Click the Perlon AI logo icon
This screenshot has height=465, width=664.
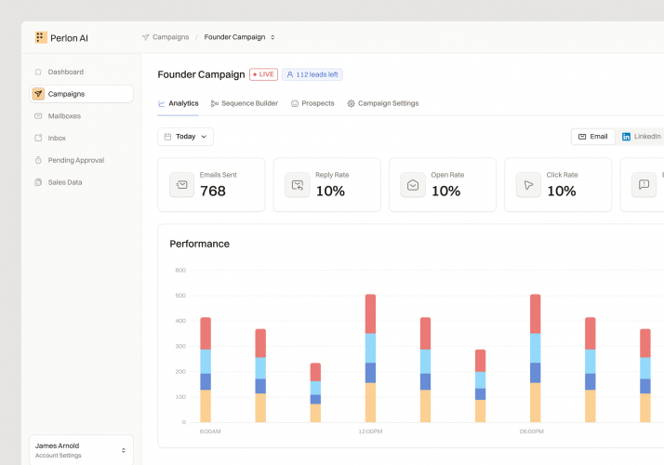tap(41, 37)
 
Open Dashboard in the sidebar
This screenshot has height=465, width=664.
tap(65, 72)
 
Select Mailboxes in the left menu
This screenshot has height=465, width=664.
tap(64, 116)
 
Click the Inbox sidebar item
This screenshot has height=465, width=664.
tap(57, 138)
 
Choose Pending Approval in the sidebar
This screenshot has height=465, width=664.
tap(75, 160)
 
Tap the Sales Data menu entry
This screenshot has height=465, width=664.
tap(64, 182)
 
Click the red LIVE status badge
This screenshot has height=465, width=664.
tap(263, 74)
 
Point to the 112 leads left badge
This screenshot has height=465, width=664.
tap(312, 74)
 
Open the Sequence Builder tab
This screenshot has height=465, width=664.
tap(245, 103)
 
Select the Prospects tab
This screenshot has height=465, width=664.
tap(312, 103)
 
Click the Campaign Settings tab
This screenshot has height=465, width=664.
tap(383, 103)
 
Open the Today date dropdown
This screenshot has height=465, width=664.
tap(186, 137)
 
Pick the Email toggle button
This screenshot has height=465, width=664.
tap(593, 137)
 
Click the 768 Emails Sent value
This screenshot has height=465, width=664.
tap(213, 191)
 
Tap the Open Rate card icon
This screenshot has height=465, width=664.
tap(413, 185)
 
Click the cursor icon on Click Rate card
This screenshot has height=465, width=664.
tap(528, 185)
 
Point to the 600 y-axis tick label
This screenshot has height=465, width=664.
tap(180, 271)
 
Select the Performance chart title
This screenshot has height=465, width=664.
tap(199, 244)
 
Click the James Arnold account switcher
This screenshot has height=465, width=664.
tap(81, 450)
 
